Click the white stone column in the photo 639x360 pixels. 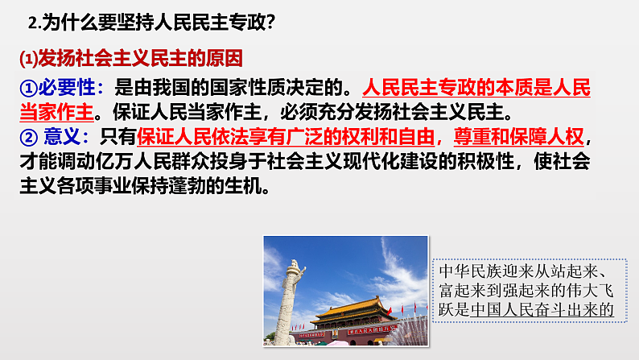(x=294, y=298)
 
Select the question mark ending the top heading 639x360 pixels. (x=271, y=23)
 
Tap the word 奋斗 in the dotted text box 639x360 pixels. (x=563, y=308)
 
